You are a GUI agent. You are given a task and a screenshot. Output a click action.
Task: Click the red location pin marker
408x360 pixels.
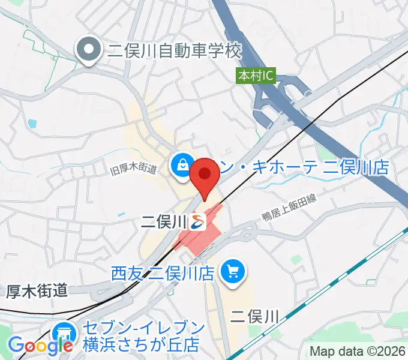point(205,175)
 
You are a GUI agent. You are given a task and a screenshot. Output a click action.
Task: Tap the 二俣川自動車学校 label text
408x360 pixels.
point(174,50)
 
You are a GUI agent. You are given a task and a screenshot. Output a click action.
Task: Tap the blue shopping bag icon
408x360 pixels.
point(181,165)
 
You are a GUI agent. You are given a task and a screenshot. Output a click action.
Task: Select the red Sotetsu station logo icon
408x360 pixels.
point(198,222)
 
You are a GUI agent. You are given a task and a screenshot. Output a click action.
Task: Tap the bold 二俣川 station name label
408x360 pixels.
point(164,222)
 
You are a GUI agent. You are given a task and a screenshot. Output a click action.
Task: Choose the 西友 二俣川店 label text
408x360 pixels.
point(163,274)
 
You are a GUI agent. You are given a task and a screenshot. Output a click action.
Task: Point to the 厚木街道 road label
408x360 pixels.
point(37,291)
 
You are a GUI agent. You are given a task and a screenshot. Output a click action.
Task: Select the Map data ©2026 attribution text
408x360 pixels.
point(357,351)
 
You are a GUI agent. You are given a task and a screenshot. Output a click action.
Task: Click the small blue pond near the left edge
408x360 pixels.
point(32,124)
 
